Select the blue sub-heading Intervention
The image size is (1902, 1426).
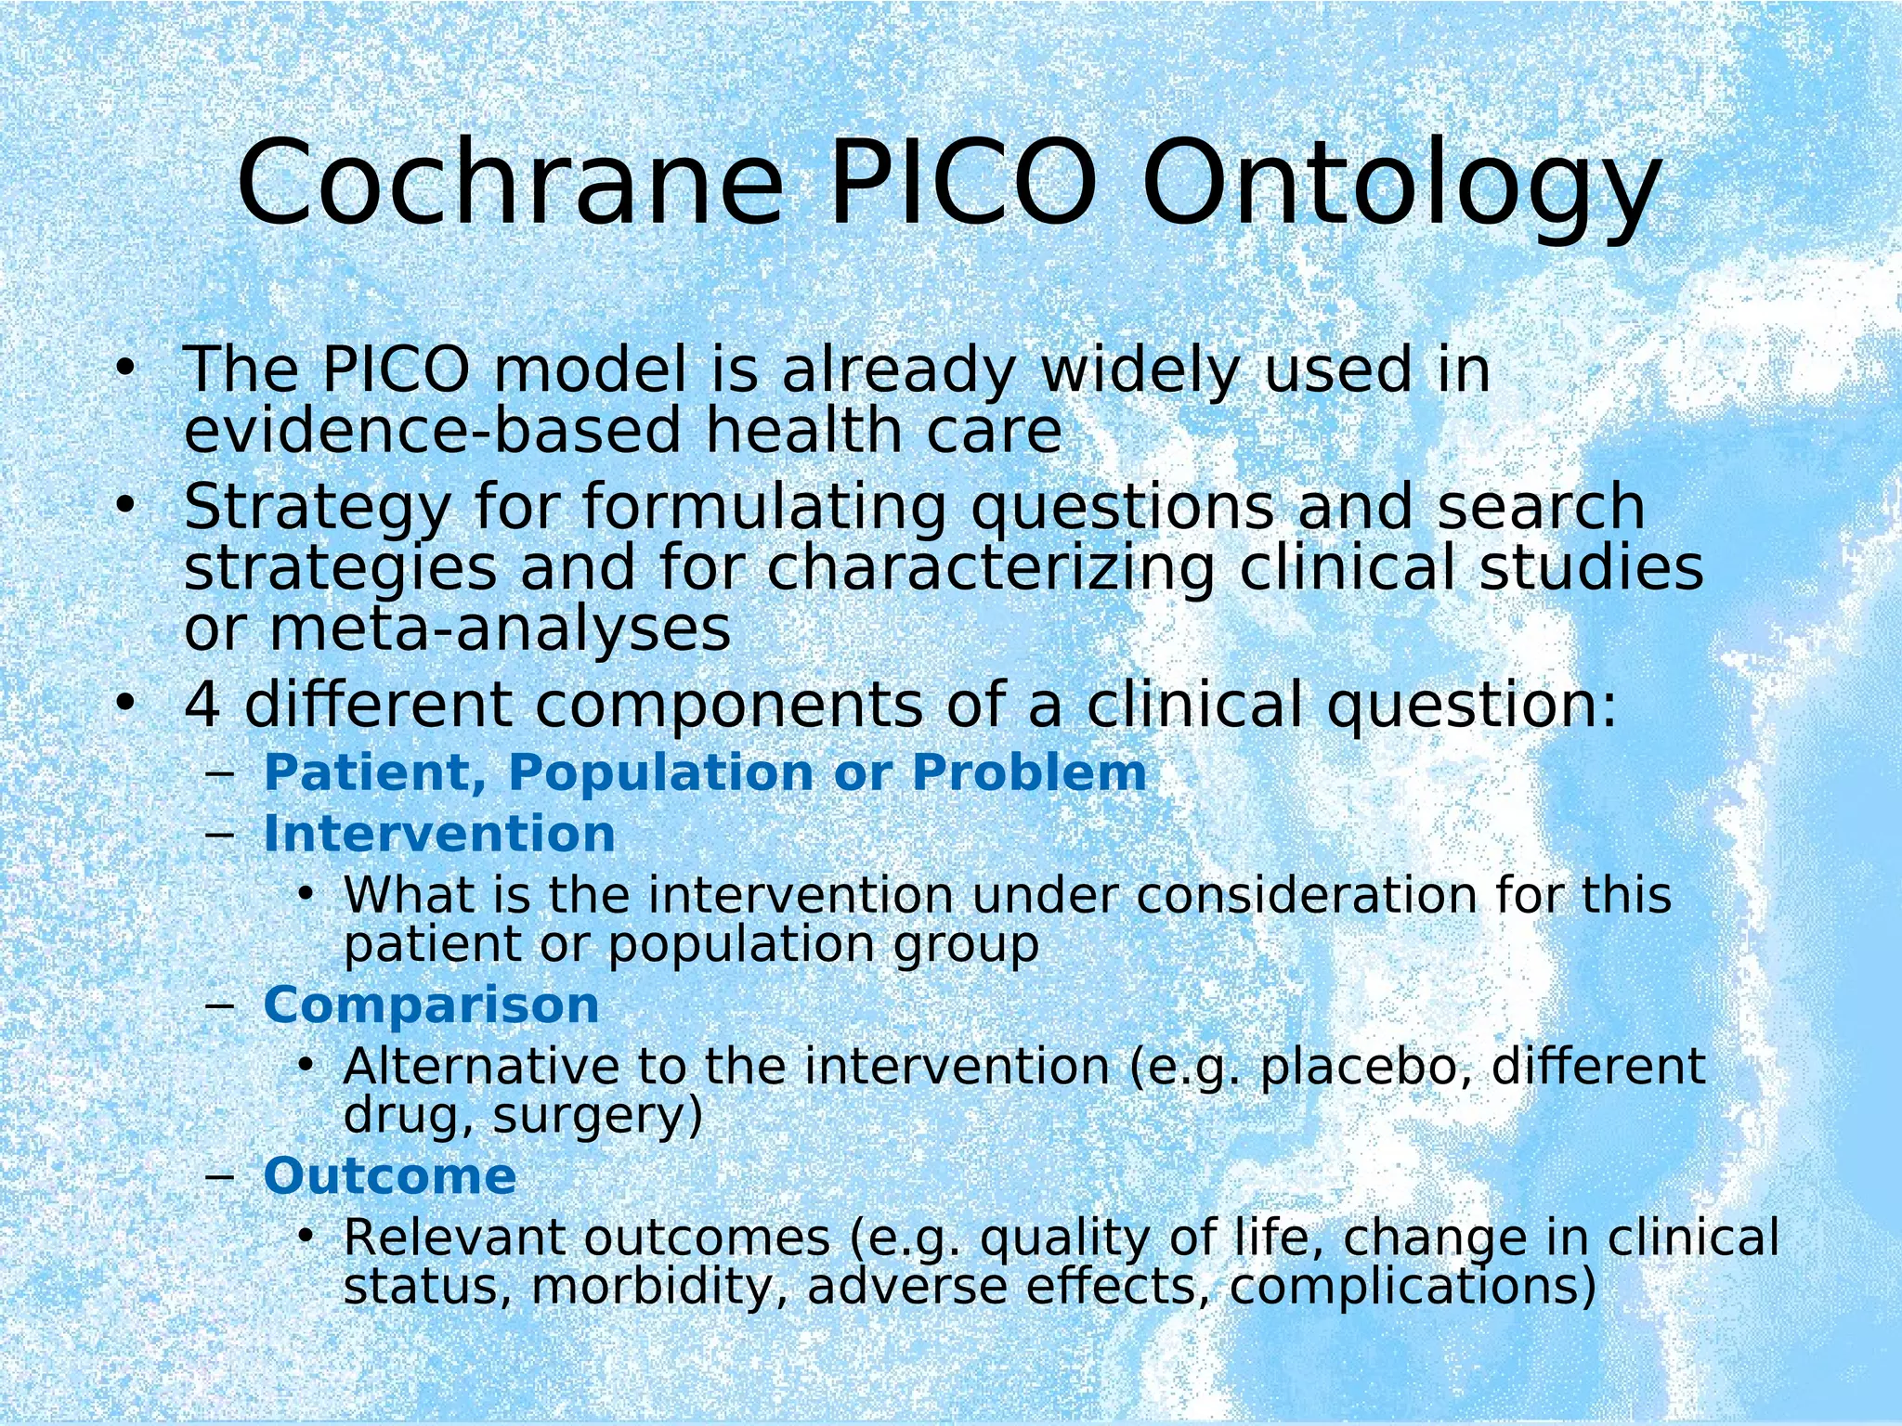pos(439,834)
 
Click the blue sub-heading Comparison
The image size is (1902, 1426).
pos(431,1005)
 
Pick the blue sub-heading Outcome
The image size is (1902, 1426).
pos(389,1176)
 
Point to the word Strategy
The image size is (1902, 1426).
pos(317,509)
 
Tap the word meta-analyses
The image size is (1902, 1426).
pos(500,629)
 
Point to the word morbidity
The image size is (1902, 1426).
pos(660,1287)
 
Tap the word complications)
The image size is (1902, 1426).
pos(1413,1287)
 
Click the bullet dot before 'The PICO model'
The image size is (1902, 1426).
pos(124,369)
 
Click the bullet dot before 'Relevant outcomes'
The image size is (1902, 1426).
pos(306,1237)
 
